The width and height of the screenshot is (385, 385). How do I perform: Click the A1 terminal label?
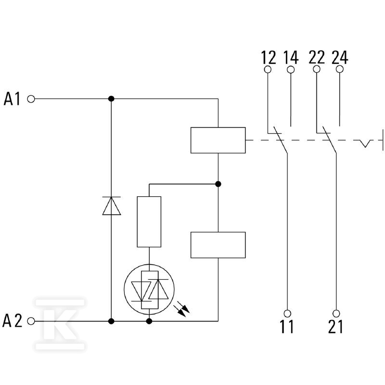(x=12, y=99)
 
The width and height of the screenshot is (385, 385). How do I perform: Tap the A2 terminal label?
(x=13, y=321)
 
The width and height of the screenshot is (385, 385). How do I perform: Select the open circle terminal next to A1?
(x=31, y=99)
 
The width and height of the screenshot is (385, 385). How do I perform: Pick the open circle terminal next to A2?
(x=31, y=321)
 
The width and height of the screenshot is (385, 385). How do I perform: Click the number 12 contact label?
(x=269, y=57)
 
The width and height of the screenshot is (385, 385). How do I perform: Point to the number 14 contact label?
(x=291, y=57)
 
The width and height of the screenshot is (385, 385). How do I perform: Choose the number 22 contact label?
(x=317, y=57)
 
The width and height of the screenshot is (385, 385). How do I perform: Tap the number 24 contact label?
(x=340, y=57)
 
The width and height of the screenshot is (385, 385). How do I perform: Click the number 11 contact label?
(x=287, y=326)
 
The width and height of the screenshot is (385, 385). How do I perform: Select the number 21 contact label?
(x=335, y=326)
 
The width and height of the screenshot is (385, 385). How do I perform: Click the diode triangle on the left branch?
(x=112, y=206)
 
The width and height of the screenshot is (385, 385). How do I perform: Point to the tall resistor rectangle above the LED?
(x=149, y=222)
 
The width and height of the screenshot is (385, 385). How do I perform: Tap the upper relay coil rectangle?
(x=218, y=140)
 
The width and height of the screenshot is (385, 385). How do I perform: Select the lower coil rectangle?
(x=218, y=245)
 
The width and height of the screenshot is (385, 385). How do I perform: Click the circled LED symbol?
(x=149, y=289)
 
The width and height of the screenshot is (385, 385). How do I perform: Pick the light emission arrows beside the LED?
(x=182, y=310)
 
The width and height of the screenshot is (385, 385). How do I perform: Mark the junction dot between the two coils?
(x=218, y=184)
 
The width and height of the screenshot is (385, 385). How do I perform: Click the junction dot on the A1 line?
(x=111, y=99)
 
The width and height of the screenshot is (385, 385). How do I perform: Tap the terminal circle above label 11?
(x=287, y=313)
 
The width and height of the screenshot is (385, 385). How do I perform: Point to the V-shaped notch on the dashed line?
(x=365, y=143)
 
